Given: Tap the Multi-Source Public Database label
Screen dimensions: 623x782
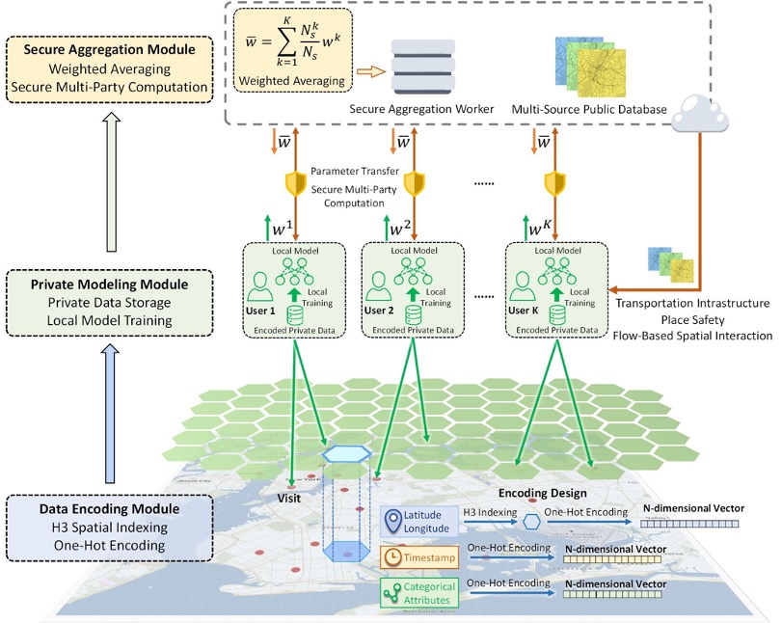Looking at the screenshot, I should click(590, 111).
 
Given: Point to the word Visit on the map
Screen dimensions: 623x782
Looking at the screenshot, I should click(289, 499).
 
